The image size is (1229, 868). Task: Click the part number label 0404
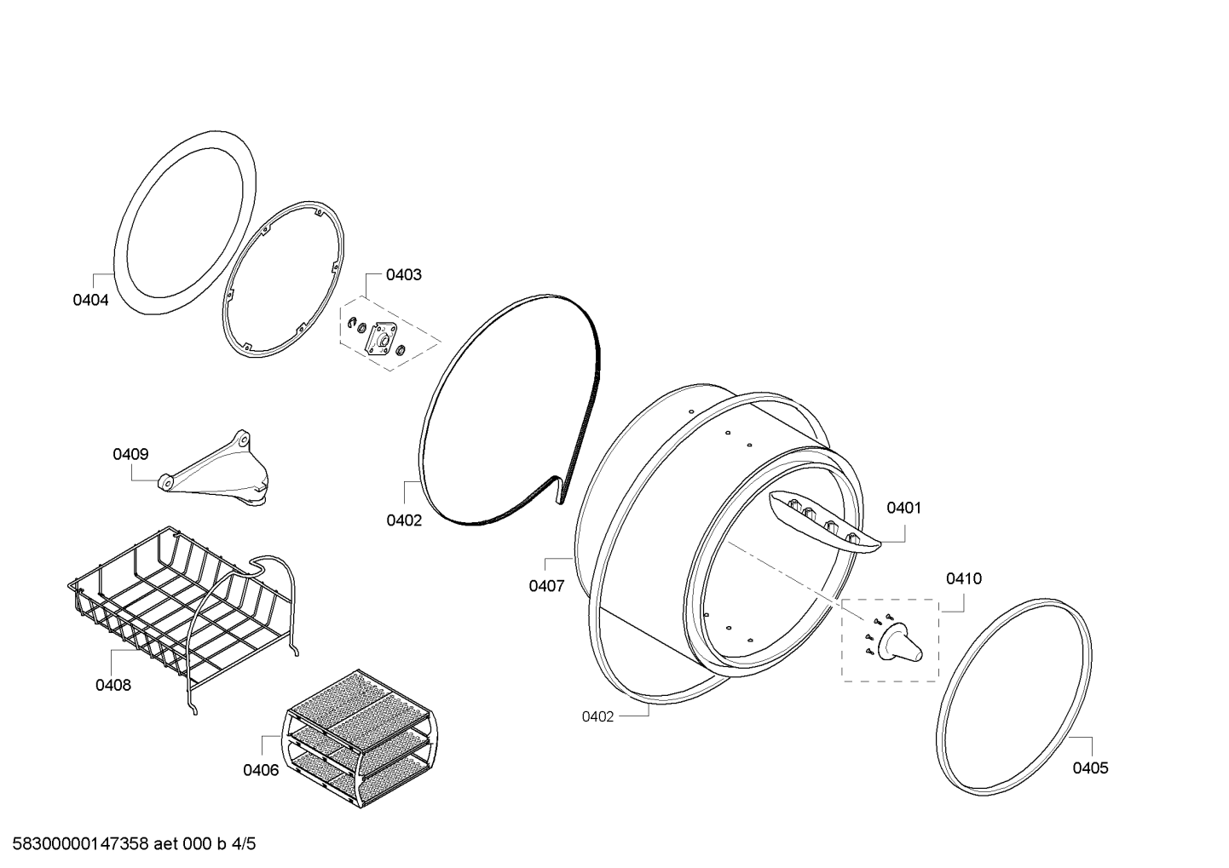[x=90, y=300]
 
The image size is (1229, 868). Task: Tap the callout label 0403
[x=403, y=275]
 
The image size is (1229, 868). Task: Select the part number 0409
[x=130, y=454]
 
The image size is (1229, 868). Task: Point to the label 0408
[x=113, y=685]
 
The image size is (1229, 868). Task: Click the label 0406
[x=261, y=770]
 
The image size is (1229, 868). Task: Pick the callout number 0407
[x=546, y=586]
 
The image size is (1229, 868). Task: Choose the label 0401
[x=903, y=508]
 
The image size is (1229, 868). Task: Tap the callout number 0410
[x=964, y=578]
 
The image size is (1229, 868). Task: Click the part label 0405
[x=1090, y=768]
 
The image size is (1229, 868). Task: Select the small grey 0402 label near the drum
[x=597, y=716]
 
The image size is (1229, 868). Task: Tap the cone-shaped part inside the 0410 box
[x=900, y=642]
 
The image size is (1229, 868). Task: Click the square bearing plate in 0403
[x=382, y=339]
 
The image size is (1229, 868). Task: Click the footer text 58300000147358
[x=81, y=844]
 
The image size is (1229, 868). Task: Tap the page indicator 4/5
[x=244, y=844]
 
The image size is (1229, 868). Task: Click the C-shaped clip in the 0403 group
[x=351, y=324]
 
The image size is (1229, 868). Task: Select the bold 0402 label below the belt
[x=404, y=520]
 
